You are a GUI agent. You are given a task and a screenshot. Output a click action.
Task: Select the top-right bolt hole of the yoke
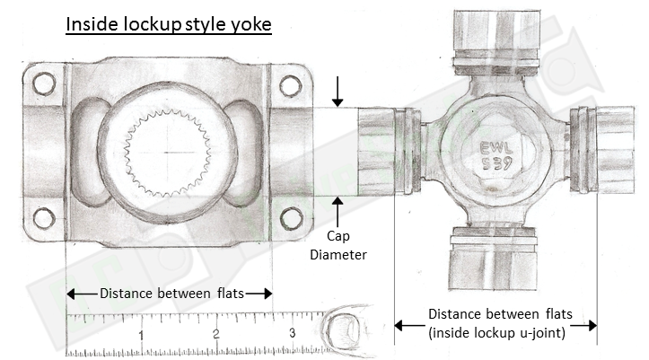click(289, 85)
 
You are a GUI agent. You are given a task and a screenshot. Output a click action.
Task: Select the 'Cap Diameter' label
click(338, 245)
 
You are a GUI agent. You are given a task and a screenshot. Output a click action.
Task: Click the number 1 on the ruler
click(141, 336)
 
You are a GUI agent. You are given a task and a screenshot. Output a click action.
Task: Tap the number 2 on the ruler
click(216, 336)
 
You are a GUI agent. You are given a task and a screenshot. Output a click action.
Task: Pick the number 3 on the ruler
click(293, 336)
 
